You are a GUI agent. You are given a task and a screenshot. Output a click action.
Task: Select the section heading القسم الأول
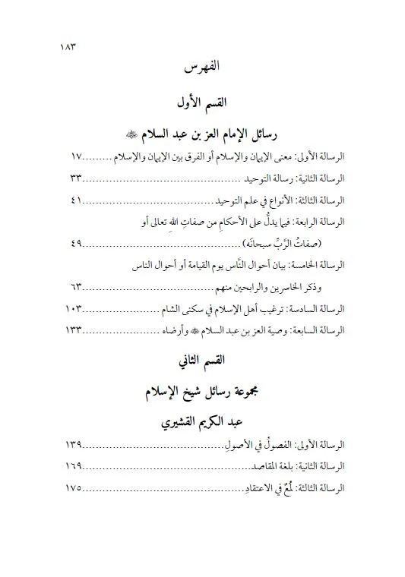(202, 102)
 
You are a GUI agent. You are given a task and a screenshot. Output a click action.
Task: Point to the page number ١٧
(71, 156)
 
